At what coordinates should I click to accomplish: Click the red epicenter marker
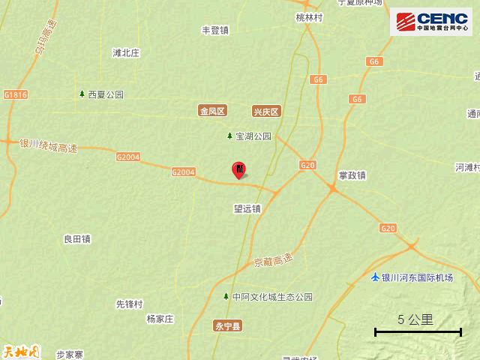tap(239, 170)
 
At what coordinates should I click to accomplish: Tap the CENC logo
tap(431, 21)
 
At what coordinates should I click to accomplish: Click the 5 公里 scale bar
tap(418, 331)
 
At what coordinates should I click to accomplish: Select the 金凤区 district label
tap(212, 111)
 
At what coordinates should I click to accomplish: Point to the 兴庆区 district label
tap(265, 111)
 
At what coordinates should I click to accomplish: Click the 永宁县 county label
tap(227, 325)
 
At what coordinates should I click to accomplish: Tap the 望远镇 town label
tap(247, 209)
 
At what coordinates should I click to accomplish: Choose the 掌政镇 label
tap(352, 175)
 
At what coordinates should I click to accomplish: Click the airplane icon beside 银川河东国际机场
tap(375, 277)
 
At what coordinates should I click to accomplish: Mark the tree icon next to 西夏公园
tap(82, 94)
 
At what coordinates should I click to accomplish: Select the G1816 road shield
tap(15, 95)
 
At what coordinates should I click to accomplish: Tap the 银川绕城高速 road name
tap(48, 145)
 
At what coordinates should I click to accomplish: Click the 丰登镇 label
tap(214, 31)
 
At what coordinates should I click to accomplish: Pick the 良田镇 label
tap(77, 239)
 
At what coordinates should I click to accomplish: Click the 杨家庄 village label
tap(160, 319)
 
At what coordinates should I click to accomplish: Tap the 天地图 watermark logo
tap(20, 350)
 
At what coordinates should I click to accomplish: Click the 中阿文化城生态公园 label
tap(272, 297)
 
